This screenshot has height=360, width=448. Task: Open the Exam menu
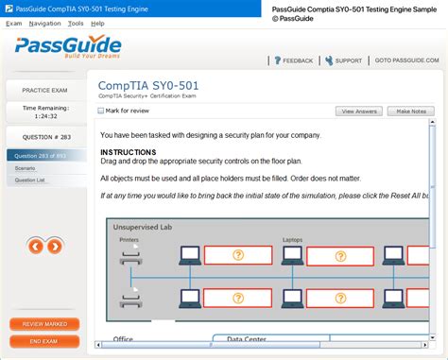(x=14, y=23)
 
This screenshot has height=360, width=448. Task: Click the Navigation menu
(x=45, y=23)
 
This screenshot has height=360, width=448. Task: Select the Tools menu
(x=76, y=23)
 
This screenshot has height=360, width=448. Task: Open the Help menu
(x=97, y=23)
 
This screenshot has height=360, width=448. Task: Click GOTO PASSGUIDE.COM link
(x=406, y=60)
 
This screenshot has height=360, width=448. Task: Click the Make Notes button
(x=411, y=111)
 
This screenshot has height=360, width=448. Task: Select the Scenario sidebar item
(x=26, y=168)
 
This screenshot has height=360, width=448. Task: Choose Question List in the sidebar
(x=30, y=180)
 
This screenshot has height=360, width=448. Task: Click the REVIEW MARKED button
(x=44, y=324)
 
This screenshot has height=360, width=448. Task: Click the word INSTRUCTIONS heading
(x=129, y=152)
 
